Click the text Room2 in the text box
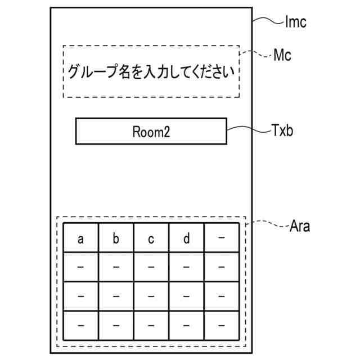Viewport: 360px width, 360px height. coord(151,132)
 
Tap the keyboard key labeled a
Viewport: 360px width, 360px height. coord(80,239)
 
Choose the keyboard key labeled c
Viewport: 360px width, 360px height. coord(151,239)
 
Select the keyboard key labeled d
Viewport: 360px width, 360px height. coord(186,239)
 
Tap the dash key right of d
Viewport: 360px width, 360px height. coord(221,238)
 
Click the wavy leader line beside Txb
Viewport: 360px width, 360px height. coord(248,130)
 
